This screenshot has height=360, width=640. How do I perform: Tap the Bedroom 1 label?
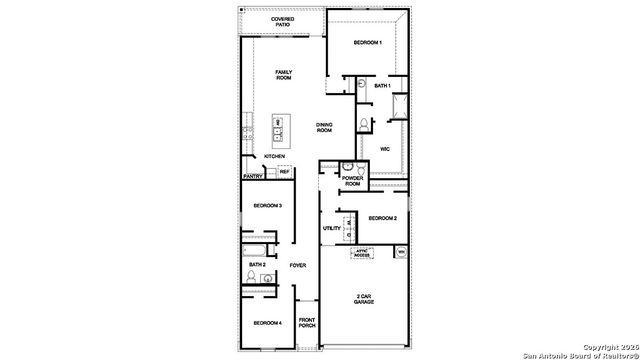pos(368,42)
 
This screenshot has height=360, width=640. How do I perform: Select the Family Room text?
pos(291,75)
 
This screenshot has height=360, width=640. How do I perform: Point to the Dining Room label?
pos(324,128)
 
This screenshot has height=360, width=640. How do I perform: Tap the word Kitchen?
pos(274,157)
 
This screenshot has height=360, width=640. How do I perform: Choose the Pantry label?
pos(253,177)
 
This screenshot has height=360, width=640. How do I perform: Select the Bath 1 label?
pos(382,86)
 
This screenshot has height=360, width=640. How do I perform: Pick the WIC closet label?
pos(384,149)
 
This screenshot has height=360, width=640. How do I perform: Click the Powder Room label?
pos(352,181)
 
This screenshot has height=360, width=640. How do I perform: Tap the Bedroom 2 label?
pos(382,218)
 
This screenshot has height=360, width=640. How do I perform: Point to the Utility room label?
pos(332,228)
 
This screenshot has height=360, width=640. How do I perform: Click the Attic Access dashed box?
pos(362,254)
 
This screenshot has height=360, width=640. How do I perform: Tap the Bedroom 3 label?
pos(266,205)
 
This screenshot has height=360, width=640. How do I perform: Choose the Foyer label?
pos(297,265)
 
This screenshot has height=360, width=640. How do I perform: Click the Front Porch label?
pos(307,323)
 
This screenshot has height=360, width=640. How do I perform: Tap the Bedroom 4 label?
pos(266,323)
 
